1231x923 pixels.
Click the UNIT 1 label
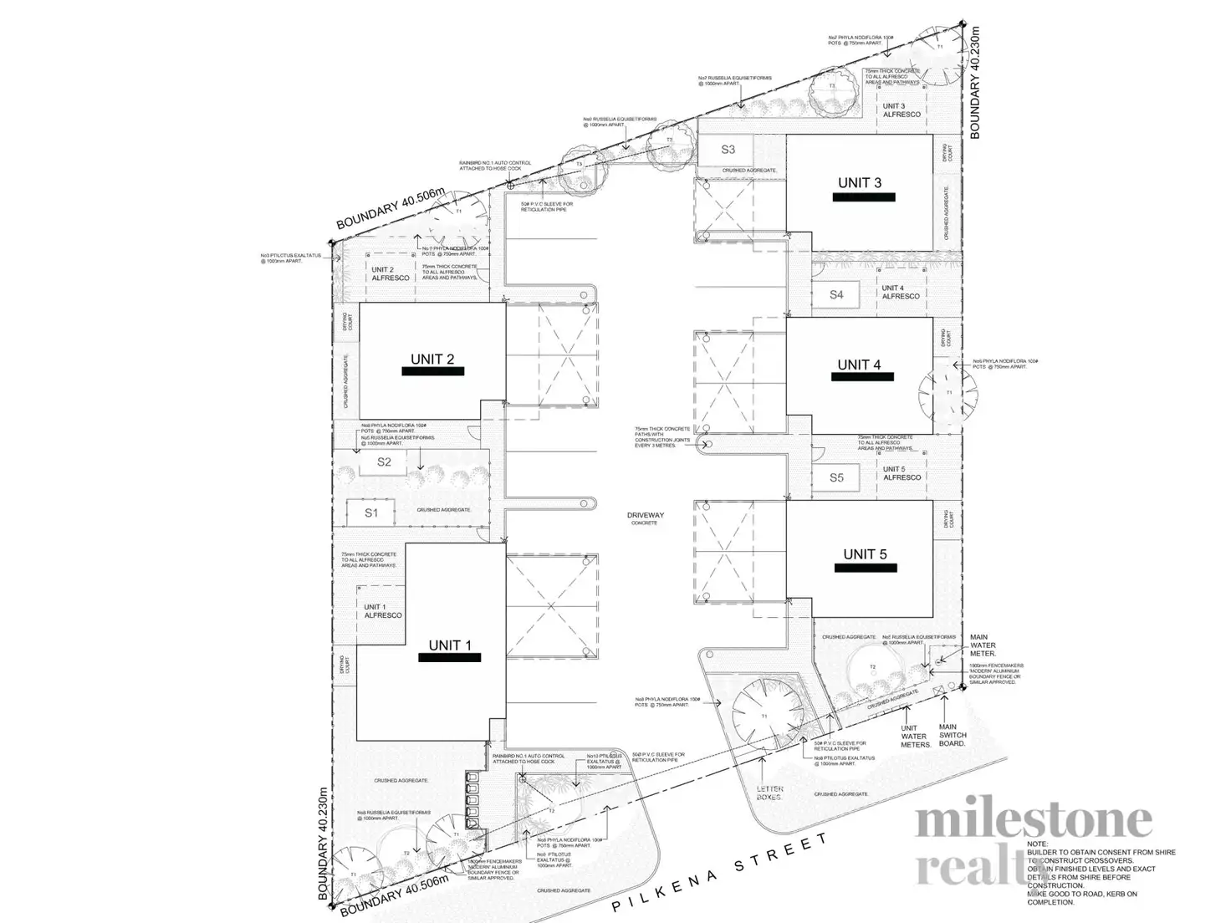click(450, 645)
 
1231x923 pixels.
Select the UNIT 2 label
click(432, 360)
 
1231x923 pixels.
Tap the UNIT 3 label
click(860, 183)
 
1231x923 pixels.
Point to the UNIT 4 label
click(859, 365)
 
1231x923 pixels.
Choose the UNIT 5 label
click(865, 554)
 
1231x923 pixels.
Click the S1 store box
click(371, 512)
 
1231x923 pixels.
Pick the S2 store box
click(384, 461)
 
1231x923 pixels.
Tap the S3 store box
click(728, 150)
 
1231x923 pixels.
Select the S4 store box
click(836, 294)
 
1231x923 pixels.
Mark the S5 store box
click(836, 477)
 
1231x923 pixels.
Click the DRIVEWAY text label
click(645, 516)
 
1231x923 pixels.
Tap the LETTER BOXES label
click(769, 793)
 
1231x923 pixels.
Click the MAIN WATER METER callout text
click(983, 645)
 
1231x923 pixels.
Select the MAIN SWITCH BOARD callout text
click(952, 735)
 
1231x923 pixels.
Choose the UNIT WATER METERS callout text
click(915, 736)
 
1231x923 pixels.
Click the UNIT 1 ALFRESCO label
click(382, 611)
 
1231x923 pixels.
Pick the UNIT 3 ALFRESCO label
click(901, 110)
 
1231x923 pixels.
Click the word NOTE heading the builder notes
click(1037, 844)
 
